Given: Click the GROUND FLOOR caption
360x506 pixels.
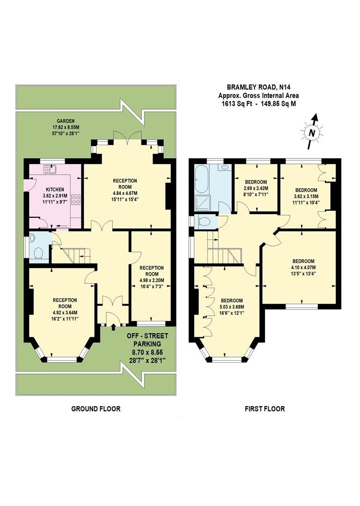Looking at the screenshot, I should [x=96, y=409].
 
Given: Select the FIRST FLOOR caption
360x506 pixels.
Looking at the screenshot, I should [x=264, y=409].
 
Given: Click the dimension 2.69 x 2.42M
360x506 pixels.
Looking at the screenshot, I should [x=256, y=188].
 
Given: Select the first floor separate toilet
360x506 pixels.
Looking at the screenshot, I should [x=204, y=221].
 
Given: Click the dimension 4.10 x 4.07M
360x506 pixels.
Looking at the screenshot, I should [x=303, y=268].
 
